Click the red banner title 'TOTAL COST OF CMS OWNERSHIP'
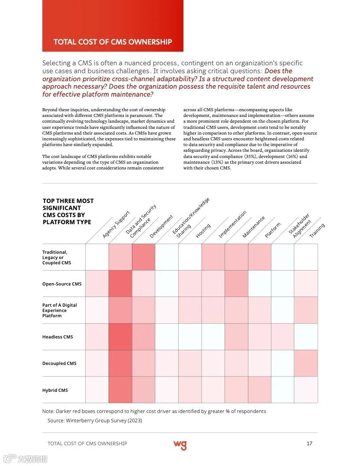(112, 42)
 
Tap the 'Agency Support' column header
(116, 225)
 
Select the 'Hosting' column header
(203, 231)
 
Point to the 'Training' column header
(317, 230)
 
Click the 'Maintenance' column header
(253, 227)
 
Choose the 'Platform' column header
(273, 230)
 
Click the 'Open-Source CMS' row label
(62, 284)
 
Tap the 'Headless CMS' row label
(57, 337)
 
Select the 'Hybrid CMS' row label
(55, 390)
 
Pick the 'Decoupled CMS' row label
(59, 363)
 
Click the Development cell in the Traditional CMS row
(143, 257)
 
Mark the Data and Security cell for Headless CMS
(120, 337)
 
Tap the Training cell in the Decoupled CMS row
(306, 363)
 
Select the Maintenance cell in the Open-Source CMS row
(236, 284)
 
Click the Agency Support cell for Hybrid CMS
(97, 390)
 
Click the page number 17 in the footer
(309, 443)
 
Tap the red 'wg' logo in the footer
(180, 445)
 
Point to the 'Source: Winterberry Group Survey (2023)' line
(95, 421)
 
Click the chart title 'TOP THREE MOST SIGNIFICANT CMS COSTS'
(68, 211)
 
